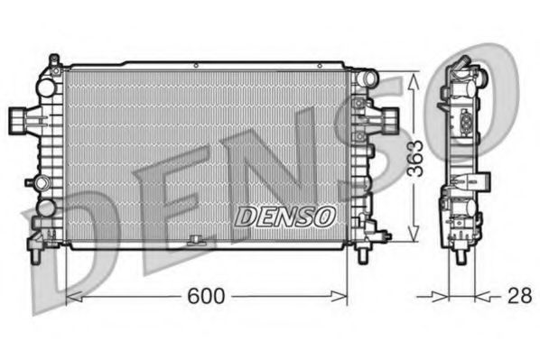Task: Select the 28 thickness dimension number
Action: (x=518, y=295)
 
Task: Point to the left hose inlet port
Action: (x=19, y=118)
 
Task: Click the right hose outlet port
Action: (x=389, y=117)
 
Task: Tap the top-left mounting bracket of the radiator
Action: (x=54, y=63)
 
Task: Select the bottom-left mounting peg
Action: (x=34, y=254)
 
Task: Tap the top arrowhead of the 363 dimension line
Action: (x=414, y=78)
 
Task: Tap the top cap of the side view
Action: (x=462, y=64)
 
